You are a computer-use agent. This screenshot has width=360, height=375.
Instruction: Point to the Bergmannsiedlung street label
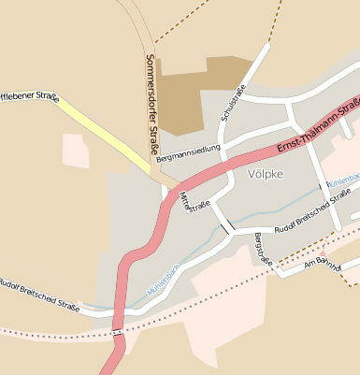pos(188,152)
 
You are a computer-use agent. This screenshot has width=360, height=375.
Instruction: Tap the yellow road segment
pos(103,131)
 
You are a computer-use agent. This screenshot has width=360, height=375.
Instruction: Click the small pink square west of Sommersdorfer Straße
pos(76,151)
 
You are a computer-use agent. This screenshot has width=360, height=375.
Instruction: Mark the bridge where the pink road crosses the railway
pos(118,332)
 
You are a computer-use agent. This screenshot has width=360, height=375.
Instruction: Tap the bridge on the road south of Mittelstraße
pos(224,225)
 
